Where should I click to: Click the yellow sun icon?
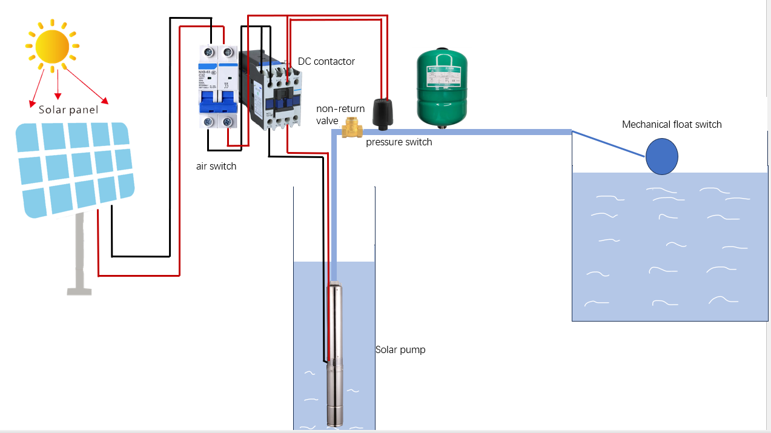(x=51, y=46)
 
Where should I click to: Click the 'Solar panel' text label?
(x=68, y=110)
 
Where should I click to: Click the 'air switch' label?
(x=216, y=166)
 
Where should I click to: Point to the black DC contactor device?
(x=270, y=91)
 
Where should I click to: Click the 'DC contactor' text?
(x=326, y=62)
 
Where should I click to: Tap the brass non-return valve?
(x=349, y=128)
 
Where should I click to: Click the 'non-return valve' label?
(x=340, y=114)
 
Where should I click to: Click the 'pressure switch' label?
(x=399, y=142)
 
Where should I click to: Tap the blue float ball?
(x=661, y=156)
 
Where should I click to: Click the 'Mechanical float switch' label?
(x=672, y=125)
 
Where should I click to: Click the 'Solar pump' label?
(x=400, y=350)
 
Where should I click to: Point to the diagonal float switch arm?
(x=608, y=144)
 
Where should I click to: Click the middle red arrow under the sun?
(x=58, y=84)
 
